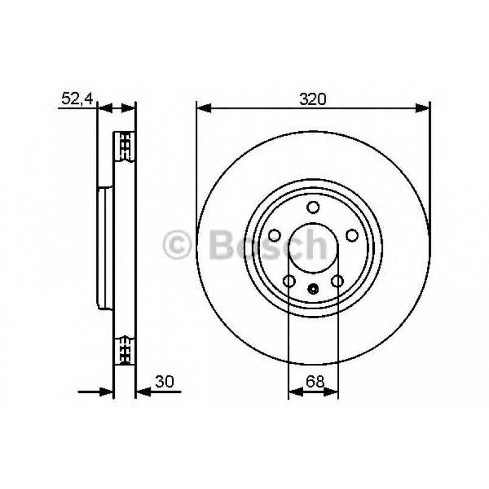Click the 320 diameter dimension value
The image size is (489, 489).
pyautogui.click(x=313, y=98)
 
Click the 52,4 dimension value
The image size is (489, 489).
pyautogui.click(x=76, y=98)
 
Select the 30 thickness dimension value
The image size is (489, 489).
pyautogui.click(x=163, y=381)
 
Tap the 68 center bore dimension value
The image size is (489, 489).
pyautogui.click(x=313, y=381)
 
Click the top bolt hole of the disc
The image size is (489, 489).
pyautogui.click(x=313, y=208)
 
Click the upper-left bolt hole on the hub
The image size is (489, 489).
pyautogui.click(x=275, y=236)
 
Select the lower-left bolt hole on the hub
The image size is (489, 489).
pyautogui.click(x=289, y=281)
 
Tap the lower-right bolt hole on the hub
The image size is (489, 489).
pyautogui.click(x=337, y=281)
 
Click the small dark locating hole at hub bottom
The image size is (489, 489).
pyautogui.click(x=313, y=289)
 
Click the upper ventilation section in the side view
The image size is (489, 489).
pyautogui.click(x=125, y=146)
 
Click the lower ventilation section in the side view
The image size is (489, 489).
pyautogui.click(x=125, y=349)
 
